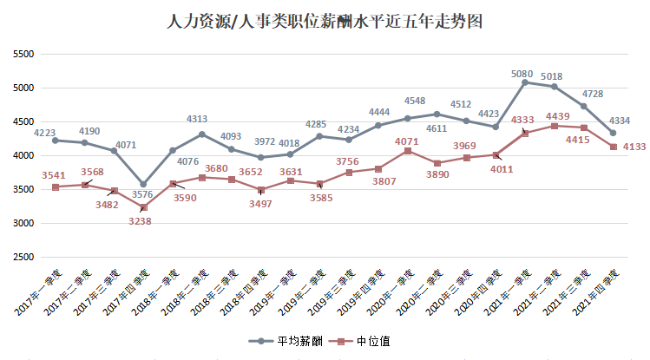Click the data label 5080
[x=522, y=74]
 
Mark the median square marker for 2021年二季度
[x=555, y=126]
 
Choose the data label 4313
[x=198, y=120]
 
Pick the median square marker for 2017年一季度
[x=56, y=187]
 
